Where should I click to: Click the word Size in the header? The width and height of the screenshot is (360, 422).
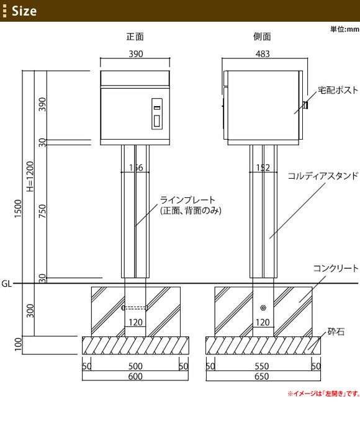(x=24, y=11)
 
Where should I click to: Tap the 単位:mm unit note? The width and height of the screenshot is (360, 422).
(x=344, y=29)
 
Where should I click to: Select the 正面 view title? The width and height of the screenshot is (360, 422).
(x=135, y=37)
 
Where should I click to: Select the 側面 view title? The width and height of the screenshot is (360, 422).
(x=262, y=37)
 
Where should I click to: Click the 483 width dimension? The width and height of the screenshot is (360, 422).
(x=263, y=54)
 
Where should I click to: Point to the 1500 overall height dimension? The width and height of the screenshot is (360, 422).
(x=18, y=209)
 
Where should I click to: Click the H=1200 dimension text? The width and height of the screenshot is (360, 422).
(x=30, y=176)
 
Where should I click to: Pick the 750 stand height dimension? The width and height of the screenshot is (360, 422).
(x=43, y=211)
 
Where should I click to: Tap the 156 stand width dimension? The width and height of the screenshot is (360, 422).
(x=136, y=168)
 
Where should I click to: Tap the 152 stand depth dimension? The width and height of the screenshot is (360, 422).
(x=263, y=168)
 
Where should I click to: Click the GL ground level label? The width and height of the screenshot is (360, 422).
(x=6, y=284)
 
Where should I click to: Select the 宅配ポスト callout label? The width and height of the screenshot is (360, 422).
(x=338, y=90)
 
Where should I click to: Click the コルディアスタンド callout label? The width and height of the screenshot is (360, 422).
(x=323, y=176)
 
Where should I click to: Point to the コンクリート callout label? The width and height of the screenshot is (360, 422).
(x=336, y=268)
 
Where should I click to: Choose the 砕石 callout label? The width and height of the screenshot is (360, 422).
(x=336, y=331)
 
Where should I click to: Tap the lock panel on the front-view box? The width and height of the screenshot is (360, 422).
(x=156, y=114)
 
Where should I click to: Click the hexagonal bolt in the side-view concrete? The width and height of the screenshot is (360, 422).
(x=263, y=308)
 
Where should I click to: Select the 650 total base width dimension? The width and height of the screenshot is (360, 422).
(x=262, y=376)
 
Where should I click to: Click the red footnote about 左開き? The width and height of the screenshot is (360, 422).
(x=323, y=393)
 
